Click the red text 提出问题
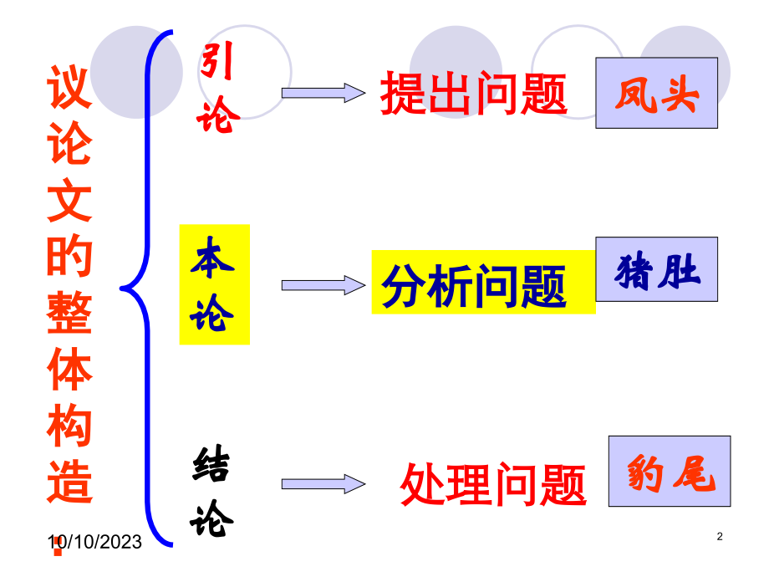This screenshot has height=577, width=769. click(474, 93)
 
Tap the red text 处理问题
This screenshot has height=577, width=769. click(493, 485)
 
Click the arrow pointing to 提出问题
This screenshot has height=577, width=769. click(323, 93)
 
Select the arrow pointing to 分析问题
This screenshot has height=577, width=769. click(323, 285)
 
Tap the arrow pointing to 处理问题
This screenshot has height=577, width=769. click(323, 484)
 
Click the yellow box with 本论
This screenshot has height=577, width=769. click(214, 284)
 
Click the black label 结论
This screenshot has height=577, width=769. click(211, 491)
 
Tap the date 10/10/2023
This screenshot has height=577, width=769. click(94, 542)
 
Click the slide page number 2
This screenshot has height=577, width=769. click(720, 536)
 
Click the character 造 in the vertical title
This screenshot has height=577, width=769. click(69, 482)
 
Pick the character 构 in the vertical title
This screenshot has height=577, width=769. click(69, 425)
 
